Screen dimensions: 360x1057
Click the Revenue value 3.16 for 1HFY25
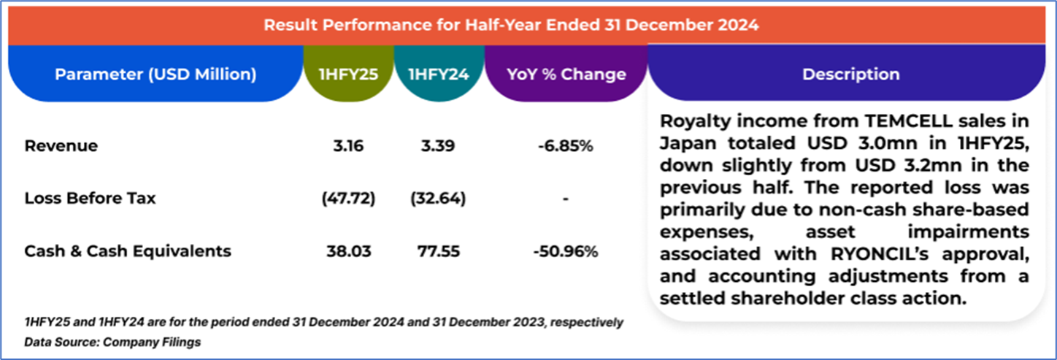(348, 146)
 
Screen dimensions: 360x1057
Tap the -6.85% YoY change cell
(566, 146)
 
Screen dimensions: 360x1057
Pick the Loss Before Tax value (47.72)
(348, 199)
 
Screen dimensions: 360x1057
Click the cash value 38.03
(348, 251)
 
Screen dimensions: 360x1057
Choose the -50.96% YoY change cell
(566, 251)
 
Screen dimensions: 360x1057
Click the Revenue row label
(61, 146)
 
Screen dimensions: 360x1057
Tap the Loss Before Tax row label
(90, 199)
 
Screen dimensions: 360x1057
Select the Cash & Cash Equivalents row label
(128, 251)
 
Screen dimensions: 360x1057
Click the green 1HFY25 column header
(348, 74)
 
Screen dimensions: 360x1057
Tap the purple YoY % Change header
(566, 74)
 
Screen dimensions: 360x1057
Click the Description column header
(850, 74)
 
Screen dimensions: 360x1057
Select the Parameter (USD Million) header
(155, 74)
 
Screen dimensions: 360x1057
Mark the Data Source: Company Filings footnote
(112, 342)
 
